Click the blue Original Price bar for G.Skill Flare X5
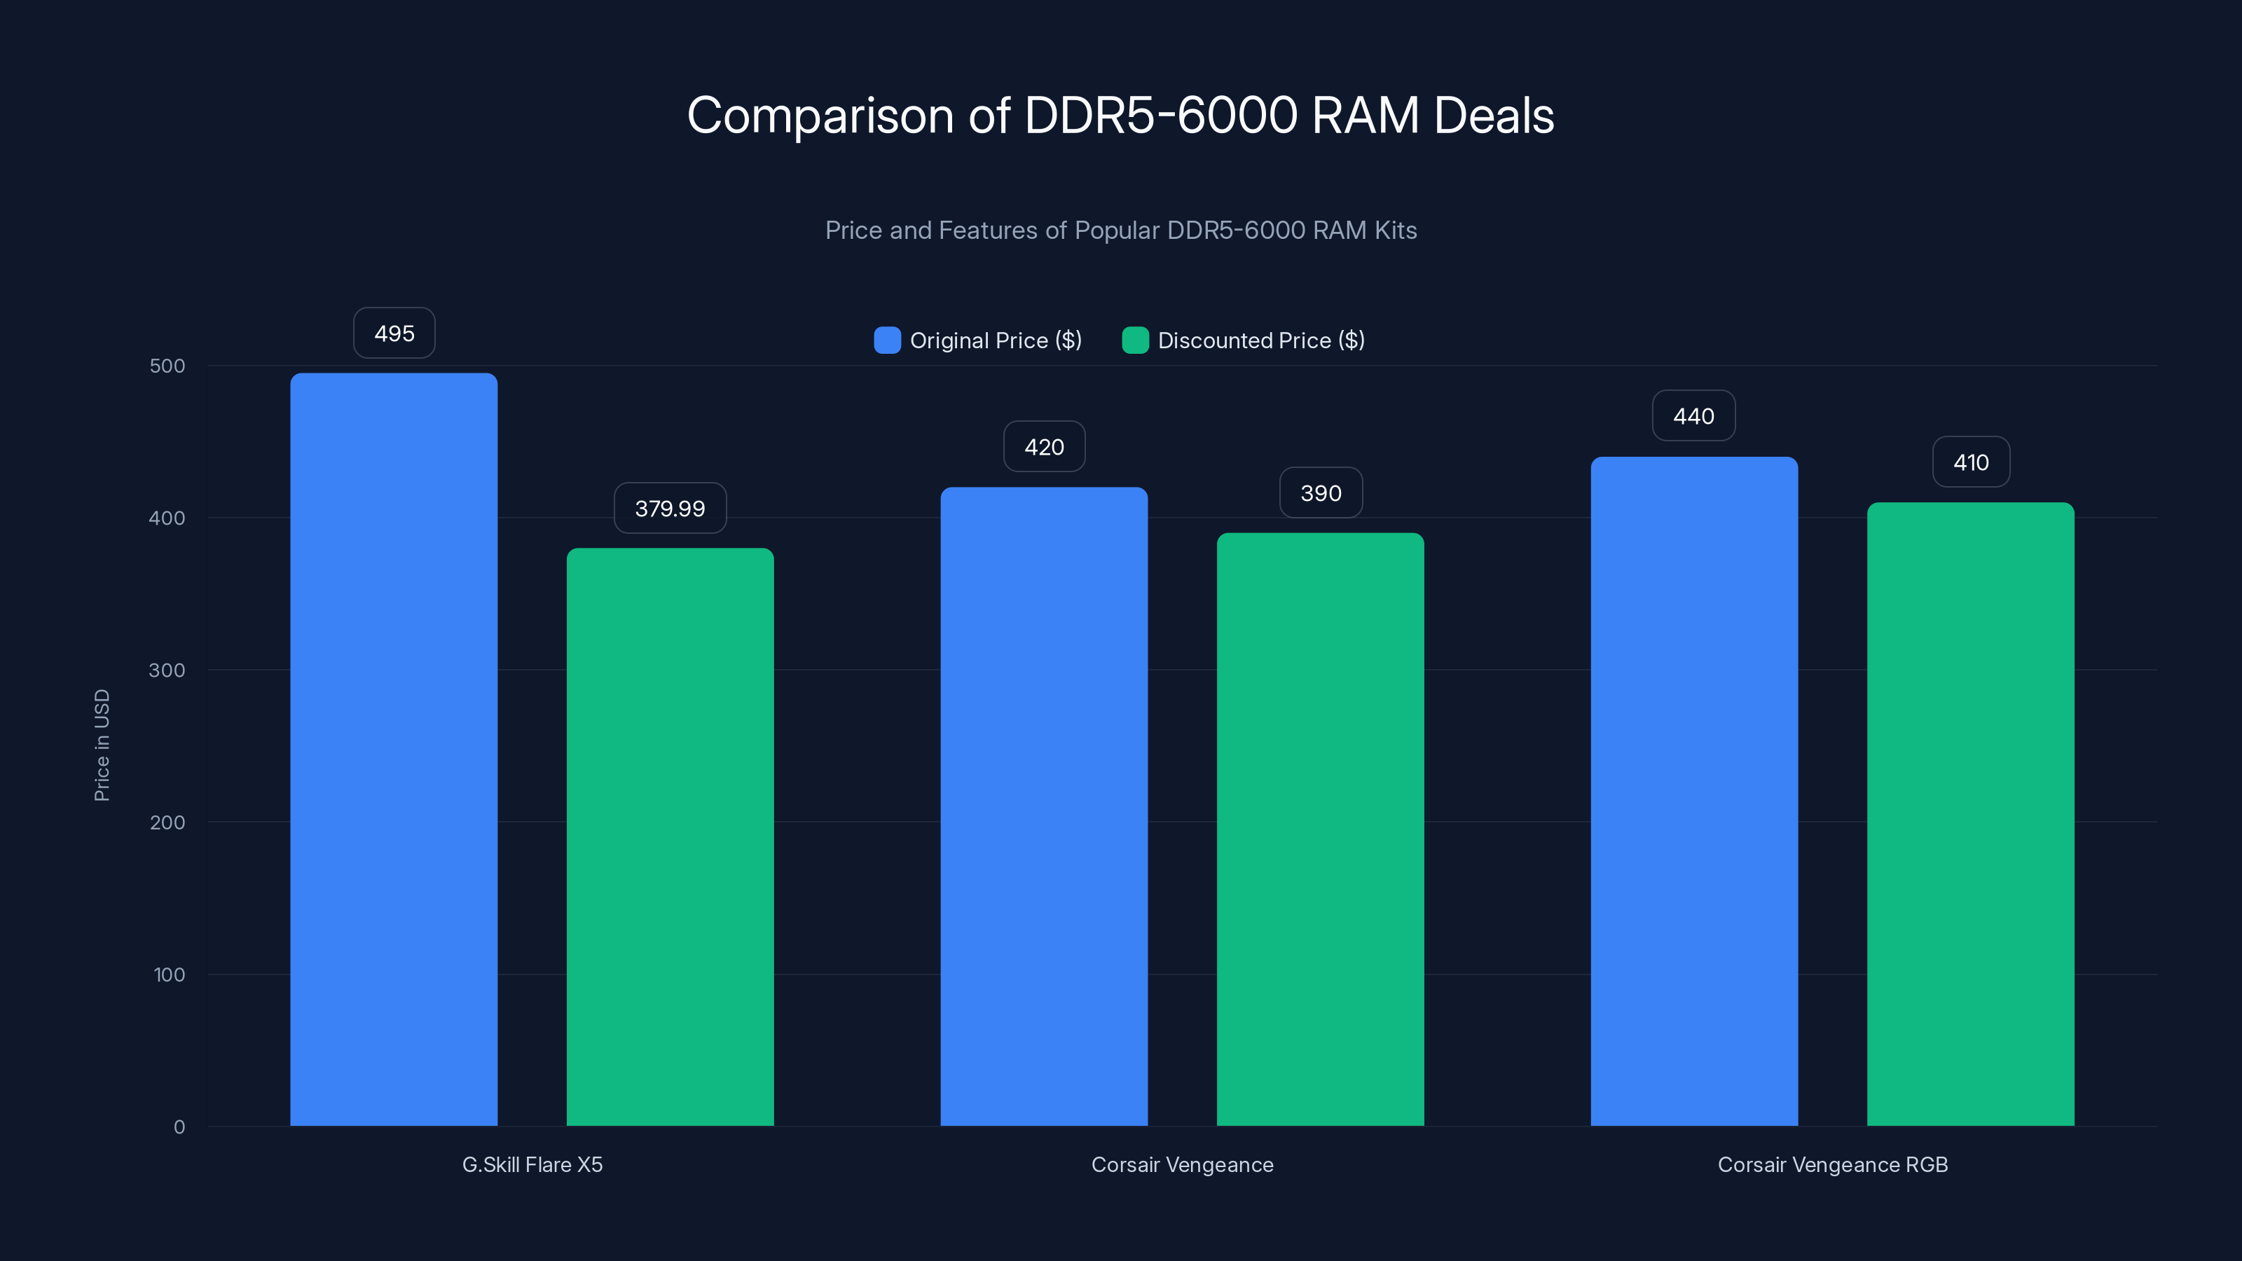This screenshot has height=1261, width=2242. coord(393,748)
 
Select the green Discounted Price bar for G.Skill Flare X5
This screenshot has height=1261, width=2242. coord(670,836)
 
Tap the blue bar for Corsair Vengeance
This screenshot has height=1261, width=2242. coord(1043,805)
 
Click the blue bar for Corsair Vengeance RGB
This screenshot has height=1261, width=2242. coord(1693,790)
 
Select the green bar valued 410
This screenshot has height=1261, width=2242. coord(1970,813)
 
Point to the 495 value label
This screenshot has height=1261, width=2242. coord(394,333)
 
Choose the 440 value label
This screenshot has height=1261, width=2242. coord(1693,416)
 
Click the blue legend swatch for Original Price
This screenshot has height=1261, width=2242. coord(887,340)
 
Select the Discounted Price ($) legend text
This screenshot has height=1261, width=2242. coord(1261,340)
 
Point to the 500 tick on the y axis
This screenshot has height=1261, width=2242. coord(167,366)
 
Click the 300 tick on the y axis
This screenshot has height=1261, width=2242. coord(167,670)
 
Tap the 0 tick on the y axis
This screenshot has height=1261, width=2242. coord(179,1127)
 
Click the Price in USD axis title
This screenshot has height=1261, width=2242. coord(102,745)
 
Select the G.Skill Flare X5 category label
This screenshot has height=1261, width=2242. coord(532,1164)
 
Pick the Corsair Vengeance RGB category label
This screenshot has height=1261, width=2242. coord(1832,1164)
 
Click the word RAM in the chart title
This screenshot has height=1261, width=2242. coord(1365,116)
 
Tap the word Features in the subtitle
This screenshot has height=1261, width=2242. coord(988,230)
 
